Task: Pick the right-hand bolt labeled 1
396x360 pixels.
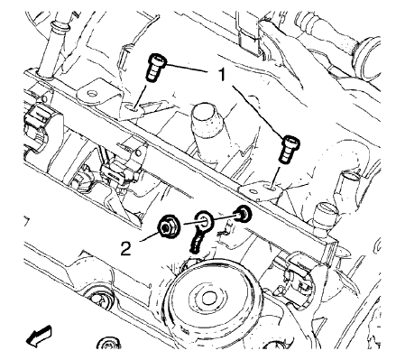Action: click(290, 146)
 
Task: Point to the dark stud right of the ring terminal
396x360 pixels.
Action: click(242, 215)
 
